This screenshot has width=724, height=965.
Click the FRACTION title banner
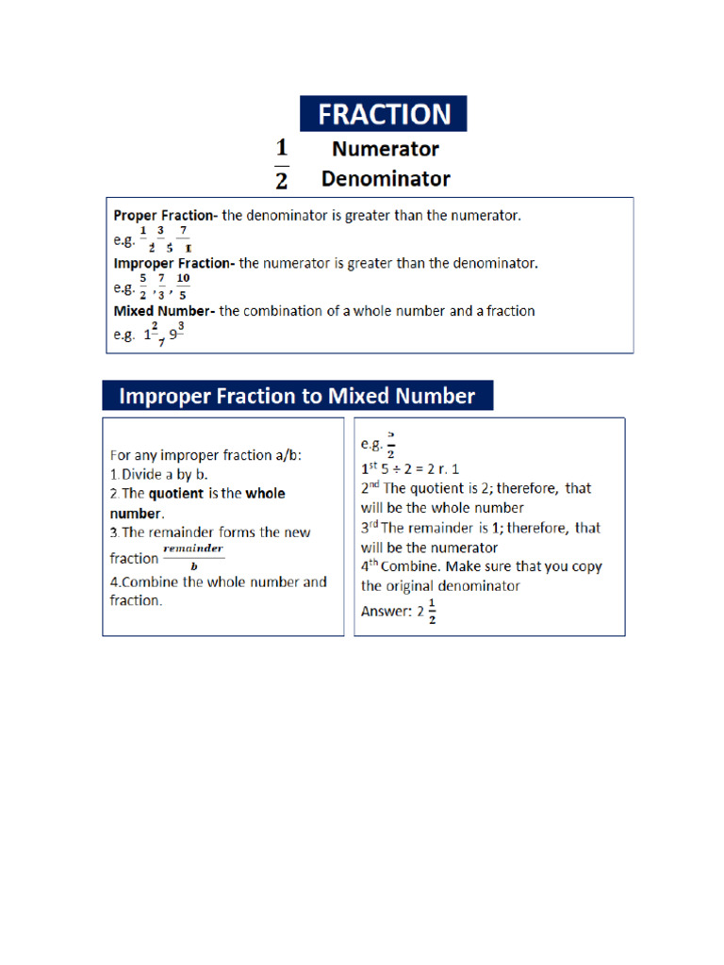(383, 114)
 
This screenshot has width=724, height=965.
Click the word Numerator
(385, 149)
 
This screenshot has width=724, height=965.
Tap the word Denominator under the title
(386, 178)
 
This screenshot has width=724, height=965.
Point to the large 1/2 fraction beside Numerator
(281, 164)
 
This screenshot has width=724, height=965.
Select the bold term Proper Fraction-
(165, 215)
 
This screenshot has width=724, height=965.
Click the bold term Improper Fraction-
(174, 264)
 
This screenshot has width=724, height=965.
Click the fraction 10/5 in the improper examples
(183, 286)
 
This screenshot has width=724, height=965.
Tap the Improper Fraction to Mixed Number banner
(297, 396)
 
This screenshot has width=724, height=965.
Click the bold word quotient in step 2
(175, 493)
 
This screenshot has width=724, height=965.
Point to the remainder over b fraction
(192, 557)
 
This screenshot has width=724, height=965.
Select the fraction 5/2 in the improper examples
(143, 286)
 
